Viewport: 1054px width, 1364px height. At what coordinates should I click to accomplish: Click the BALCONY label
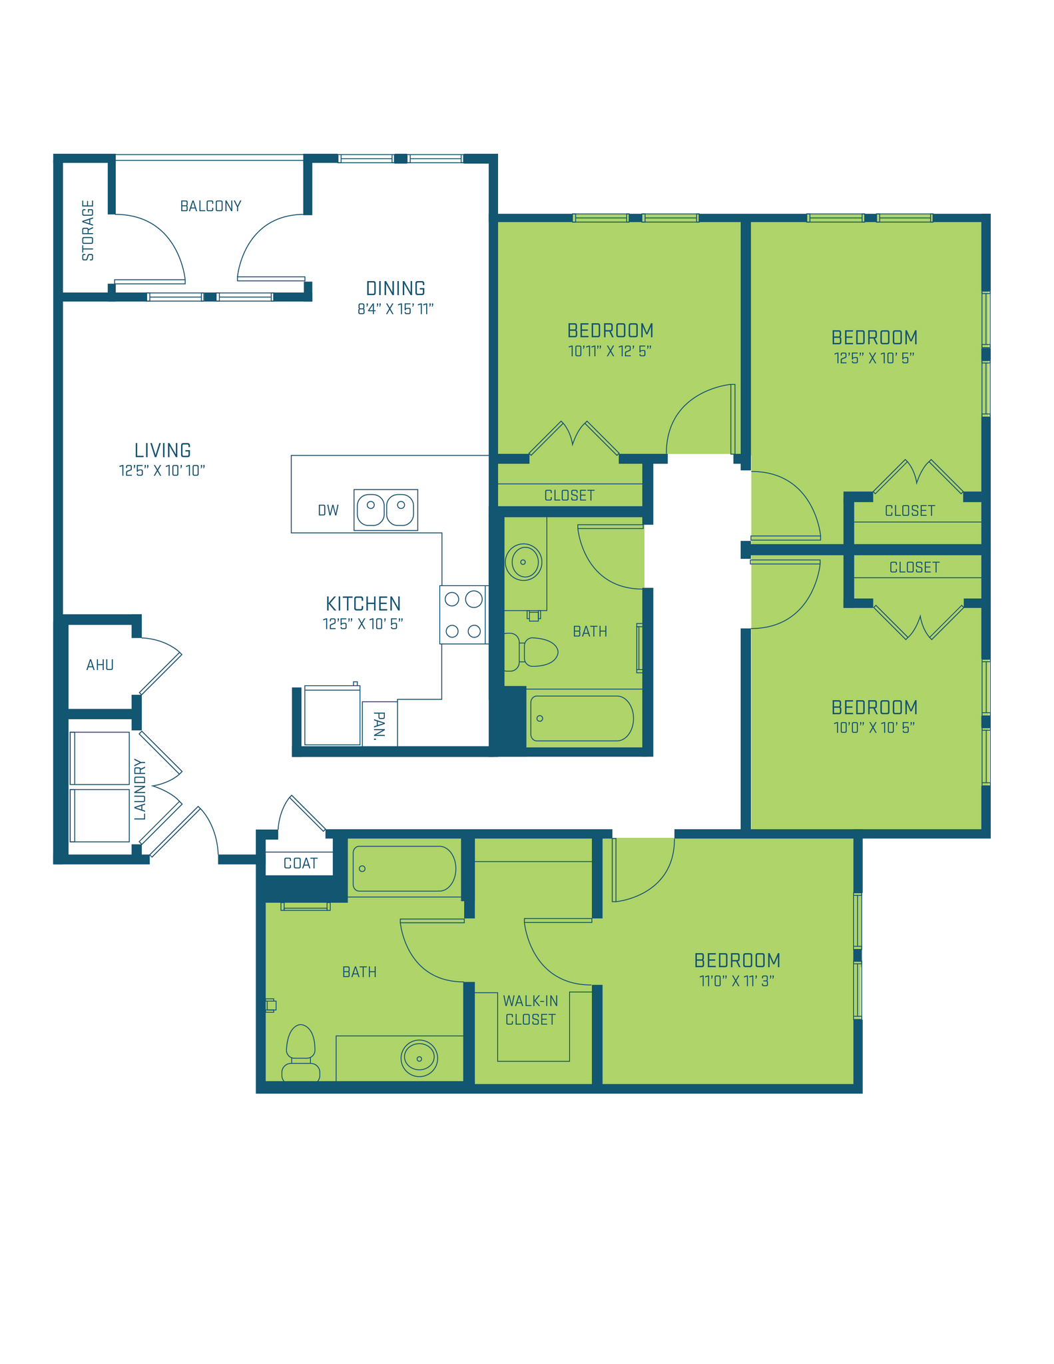pos(210,206)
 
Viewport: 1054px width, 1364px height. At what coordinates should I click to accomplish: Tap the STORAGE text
pos(88,230)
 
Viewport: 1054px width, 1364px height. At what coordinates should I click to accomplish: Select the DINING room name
pos(395,288)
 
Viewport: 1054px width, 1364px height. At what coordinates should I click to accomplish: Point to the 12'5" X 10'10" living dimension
pos(162,471)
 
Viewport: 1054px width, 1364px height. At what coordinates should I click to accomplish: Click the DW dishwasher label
pos(328,510)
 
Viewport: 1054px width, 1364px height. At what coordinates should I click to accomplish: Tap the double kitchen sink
pos(386,510)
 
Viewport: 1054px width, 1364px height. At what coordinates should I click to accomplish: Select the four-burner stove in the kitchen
pos(463,614)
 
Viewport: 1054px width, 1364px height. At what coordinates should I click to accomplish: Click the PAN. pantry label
pos(380,726)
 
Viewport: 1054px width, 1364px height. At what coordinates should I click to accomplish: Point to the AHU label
pos(100,665)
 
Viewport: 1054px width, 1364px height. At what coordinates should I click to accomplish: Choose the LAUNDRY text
pos(140,789)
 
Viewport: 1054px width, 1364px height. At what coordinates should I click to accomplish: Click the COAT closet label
pos(300,864)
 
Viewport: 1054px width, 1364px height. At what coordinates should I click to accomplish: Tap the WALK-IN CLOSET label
pos(531,1010)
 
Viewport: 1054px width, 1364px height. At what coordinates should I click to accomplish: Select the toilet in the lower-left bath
pos(300,1052)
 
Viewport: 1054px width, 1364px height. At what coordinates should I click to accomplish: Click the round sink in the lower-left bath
pos(419,1058)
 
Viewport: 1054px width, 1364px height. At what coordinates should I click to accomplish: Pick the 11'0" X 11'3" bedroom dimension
pos(736,981)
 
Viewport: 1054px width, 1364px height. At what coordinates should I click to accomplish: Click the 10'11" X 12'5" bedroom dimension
pos(609,351)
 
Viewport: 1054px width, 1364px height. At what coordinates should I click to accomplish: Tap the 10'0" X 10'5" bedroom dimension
pos(874,727)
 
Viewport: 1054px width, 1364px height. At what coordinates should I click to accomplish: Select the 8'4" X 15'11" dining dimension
pos(395,309)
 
